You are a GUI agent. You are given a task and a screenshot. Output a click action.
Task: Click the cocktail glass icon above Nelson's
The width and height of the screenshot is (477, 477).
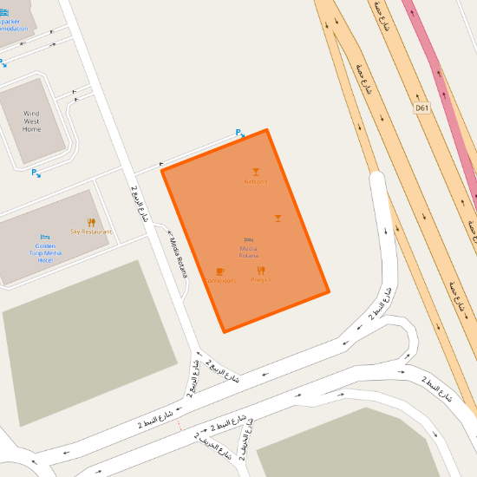(256, 172)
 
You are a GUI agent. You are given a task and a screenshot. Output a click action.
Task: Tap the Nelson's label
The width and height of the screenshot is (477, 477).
(256, 182)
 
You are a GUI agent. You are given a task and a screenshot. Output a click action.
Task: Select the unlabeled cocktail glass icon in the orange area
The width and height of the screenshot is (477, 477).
(278, 219)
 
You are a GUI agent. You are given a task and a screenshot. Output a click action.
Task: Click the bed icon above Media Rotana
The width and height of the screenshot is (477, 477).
(249, 239)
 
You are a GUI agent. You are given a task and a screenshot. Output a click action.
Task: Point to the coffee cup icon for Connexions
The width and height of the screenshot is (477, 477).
(220, 271)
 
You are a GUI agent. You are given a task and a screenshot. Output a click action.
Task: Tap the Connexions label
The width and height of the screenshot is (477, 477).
(220, 281)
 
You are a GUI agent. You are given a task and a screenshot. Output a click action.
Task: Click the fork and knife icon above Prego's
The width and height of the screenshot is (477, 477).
(261, 271)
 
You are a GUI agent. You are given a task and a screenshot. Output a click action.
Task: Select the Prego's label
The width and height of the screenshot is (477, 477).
(261, 280)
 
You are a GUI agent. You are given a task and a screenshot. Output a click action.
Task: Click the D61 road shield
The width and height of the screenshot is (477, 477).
(421, 108)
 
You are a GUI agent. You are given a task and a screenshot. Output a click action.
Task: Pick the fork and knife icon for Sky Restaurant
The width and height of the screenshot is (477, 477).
(91, 223)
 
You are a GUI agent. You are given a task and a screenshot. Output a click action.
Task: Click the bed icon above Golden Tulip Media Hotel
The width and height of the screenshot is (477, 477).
(45, 237)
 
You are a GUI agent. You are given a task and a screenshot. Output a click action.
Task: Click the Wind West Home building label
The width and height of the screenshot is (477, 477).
(31, 121)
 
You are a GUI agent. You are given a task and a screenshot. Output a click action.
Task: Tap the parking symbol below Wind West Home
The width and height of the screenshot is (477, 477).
(36, 173)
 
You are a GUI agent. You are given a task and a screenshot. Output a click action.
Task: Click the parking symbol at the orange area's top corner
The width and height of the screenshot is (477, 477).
(240, 133)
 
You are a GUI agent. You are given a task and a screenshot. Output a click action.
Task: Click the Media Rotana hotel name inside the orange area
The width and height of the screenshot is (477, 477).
(249, 252)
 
